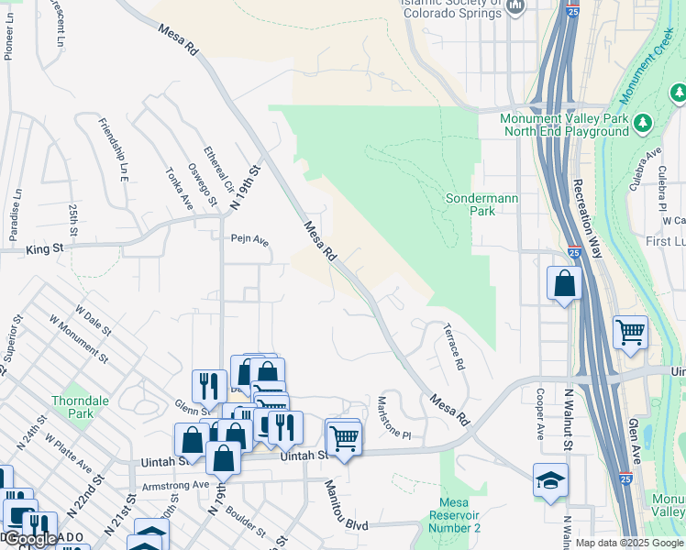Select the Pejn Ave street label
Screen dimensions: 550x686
(249, 240)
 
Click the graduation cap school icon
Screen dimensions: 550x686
(550, 480)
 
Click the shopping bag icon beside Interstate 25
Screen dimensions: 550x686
(564, 283)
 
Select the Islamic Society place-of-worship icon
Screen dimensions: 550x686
(515, 7)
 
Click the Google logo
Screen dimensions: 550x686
(29, 539)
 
